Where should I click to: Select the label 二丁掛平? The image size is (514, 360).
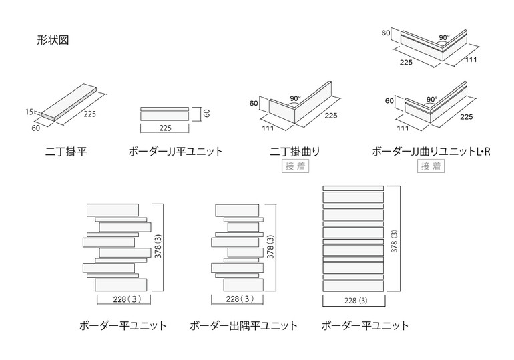click(x=66, y=152)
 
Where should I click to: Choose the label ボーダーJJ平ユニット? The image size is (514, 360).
click(x=176, y=152)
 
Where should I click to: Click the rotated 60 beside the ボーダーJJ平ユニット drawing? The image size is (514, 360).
click(x=207, y=114)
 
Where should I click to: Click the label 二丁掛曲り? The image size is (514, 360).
click(x=294, y=152)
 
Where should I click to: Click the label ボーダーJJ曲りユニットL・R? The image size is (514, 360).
click(x=431, y=152)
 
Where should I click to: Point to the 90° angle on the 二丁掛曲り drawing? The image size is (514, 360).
click(x=294, y=98)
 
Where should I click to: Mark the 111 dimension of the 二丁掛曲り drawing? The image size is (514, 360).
click(x=268, y=127)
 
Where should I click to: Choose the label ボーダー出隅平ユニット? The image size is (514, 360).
click(x=244, y=326)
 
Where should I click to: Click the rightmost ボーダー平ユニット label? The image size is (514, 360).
click(x=365, y=326)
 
